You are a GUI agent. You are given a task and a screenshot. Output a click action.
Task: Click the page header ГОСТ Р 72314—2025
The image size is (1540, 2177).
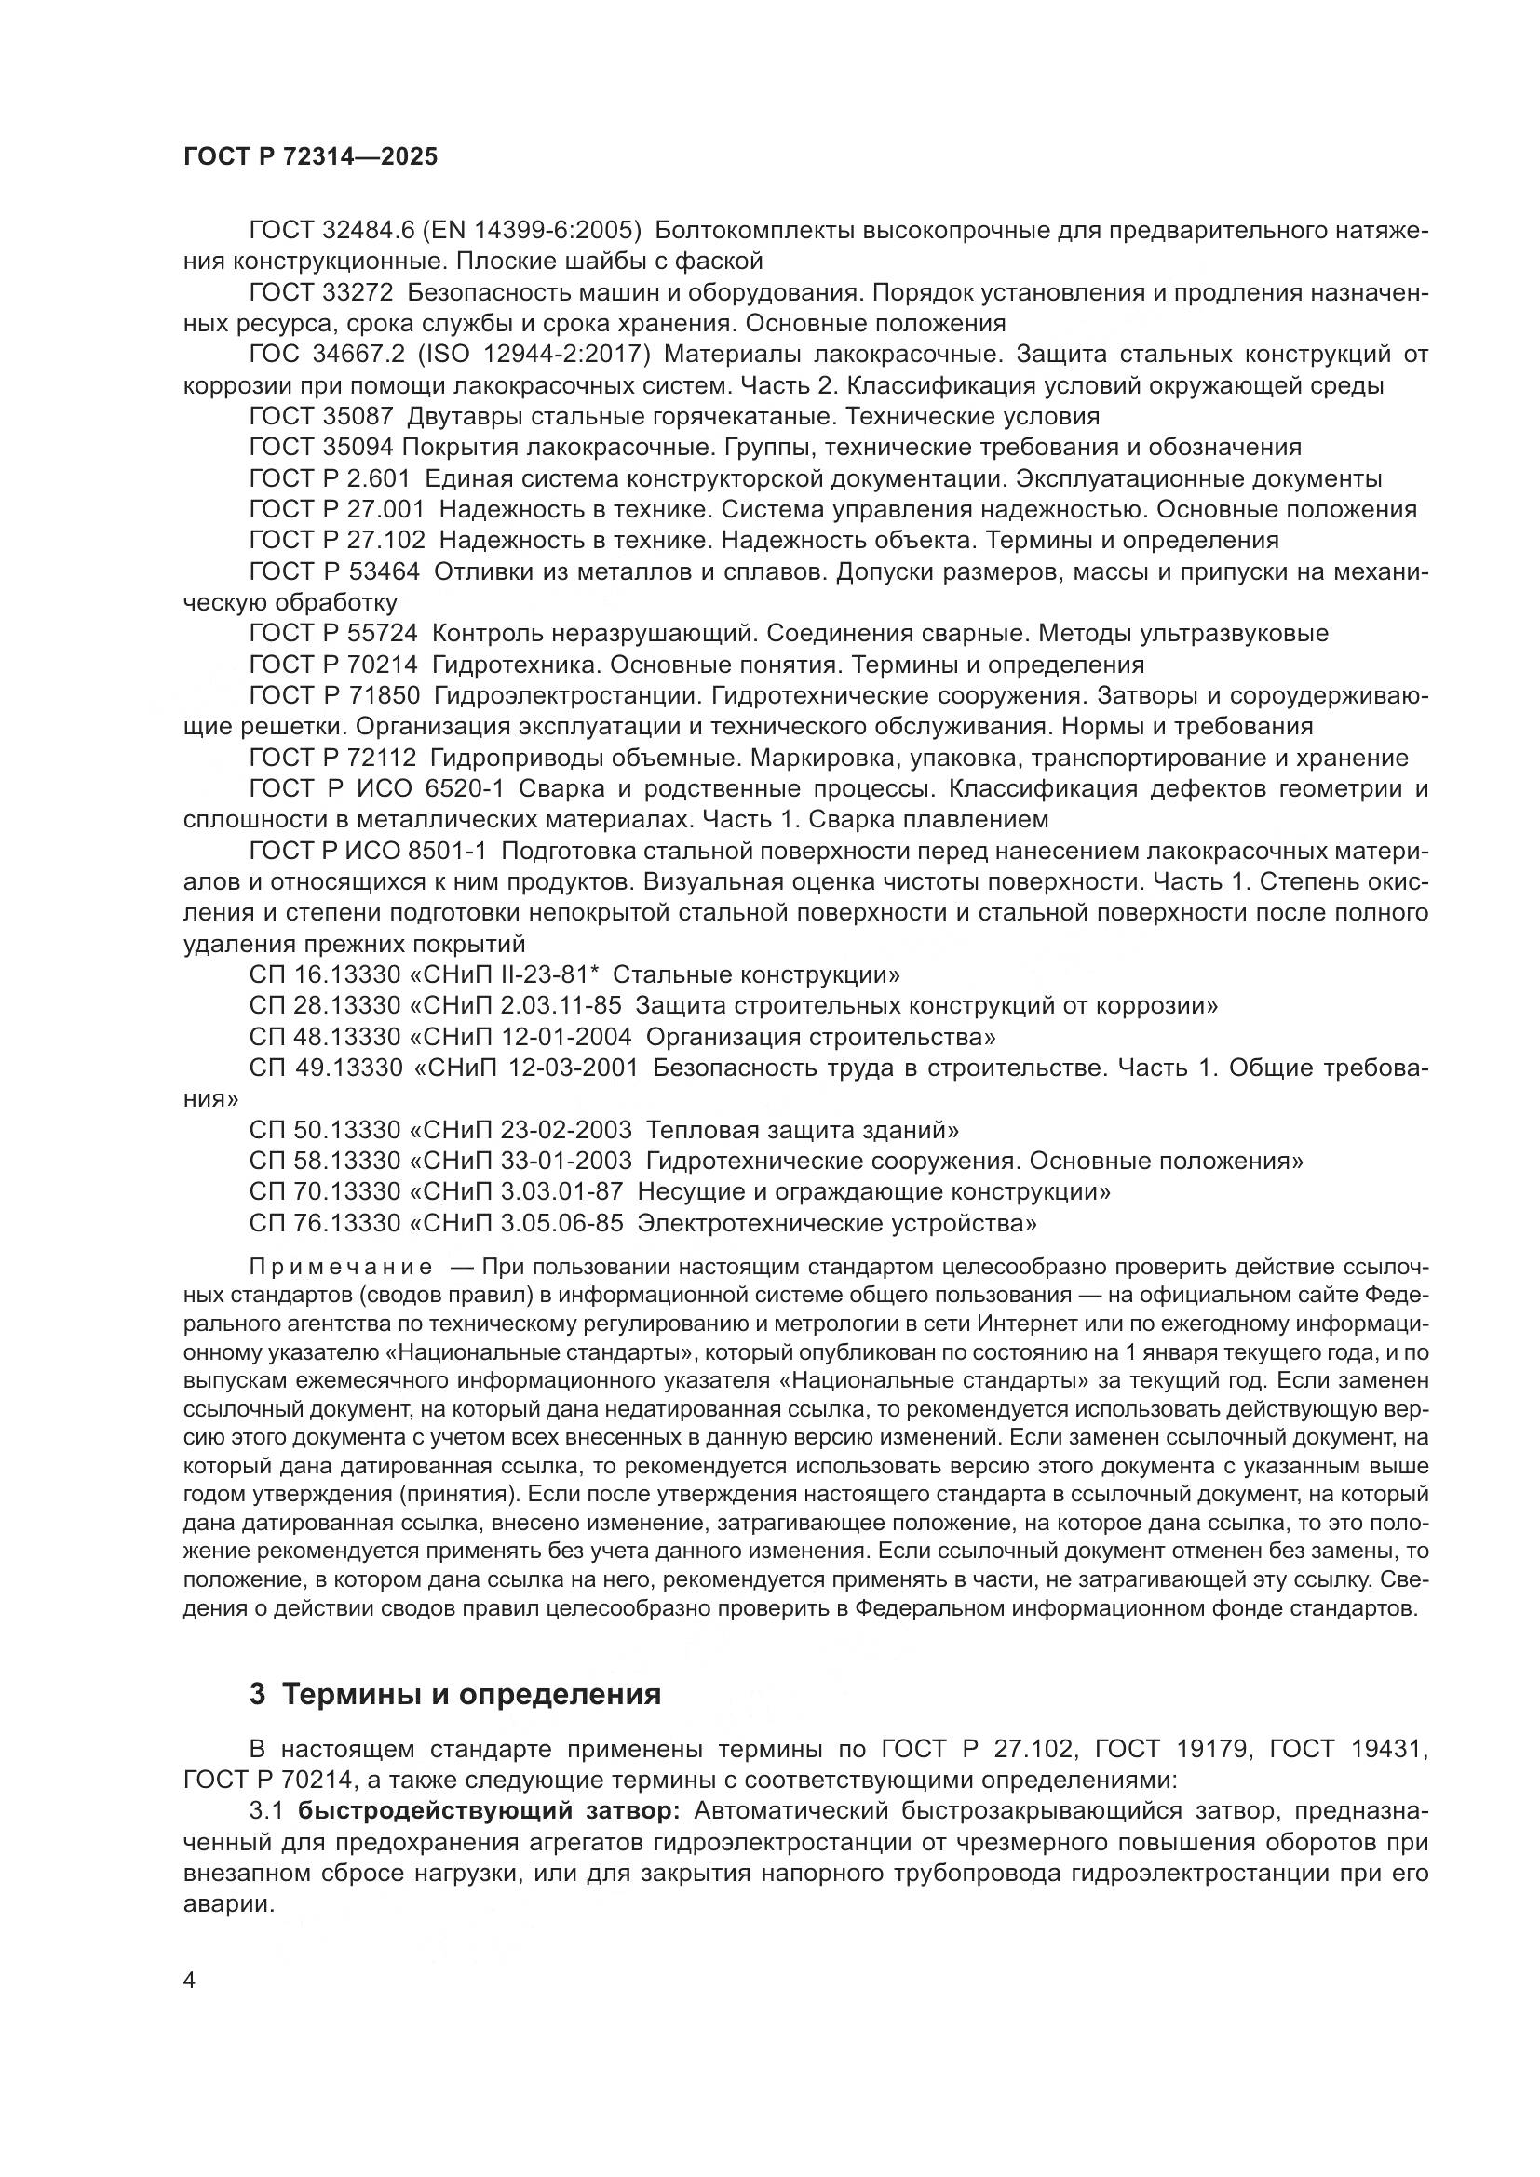click(310, 157)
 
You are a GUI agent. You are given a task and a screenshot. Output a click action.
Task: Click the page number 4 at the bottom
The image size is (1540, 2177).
click(190, 1981)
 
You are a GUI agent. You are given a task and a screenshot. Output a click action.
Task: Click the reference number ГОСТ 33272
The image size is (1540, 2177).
click(320, 292)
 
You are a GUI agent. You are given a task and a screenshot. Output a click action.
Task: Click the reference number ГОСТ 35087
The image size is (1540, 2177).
click(320, 416)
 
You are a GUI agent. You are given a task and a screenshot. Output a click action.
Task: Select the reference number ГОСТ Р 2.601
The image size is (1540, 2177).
click(329, 477)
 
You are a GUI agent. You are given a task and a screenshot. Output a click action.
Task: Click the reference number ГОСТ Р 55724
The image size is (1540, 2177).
click(332, 634)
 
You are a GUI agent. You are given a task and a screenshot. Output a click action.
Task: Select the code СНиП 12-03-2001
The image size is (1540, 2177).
click(538, 1068)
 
